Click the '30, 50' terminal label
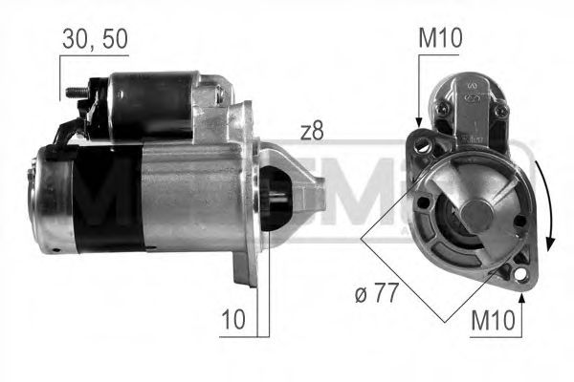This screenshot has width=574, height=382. [94, 39]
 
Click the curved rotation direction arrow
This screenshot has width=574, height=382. [547, 201]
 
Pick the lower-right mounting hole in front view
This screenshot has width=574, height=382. [519, 277]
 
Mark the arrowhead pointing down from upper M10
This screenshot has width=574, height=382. [418, 120]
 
